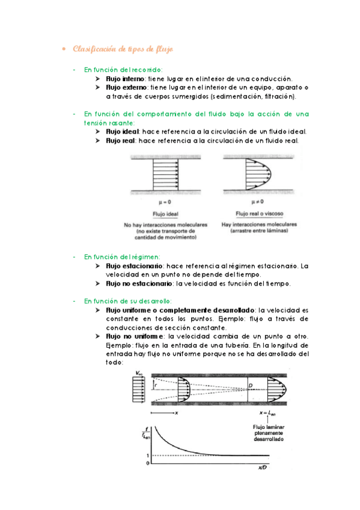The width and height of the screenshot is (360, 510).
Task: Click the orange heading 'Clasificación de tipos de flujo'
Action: click(123, 49)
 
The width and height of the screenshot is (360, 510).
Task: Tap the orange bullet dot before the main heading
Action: click(64, 49)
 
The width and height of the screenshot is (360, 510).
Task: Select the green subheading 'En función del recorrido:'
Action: click(123, 70)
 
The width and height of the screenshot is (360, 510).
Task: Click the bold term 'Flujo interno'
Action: click(125, 79)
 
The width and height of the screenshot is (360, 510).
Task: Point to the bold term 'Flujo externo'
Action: click(126, 87)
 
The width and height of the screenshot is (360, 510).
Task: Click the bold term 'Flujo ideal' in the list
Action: click(123, 132)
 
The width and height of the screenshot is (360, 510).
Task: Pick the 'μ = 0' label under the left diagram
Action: click(165, 202)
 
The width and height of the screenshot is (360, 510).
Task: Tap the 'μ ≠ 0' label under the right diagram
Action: click(258, 201)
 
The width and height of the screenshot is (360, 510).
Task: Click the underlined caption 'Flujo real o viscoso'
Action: click(259, 214)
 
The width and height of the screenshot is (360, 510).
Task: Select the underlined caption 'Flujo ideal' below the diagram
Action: click(165, 214)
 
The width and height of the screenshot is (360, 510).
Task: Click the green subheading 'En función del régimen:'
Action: click(122, 257)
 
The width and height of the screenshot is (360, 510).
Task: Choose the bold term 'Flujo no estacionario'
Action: click(139, 284)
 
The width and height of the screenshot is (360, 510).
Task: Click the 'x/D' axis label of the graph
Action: click(262, 468)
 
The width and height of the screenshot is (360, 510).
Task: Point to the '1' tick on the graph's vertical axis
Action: click(148, 455)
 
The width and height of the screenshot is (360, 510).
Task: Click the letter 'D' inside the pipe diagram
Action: click(251, 386)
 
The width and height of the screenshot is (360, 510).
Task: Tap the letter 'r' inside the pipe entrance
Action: click(156, 386)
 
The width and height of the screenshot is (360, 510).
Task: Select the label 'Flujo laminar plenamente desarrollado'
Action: click(269, 433)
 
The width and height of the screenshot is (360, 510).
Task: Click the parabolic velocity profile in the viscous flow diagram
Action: click(259, 174)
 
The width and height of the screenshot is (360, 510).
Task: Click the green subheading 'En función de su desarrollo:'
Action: click(127, 301)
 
